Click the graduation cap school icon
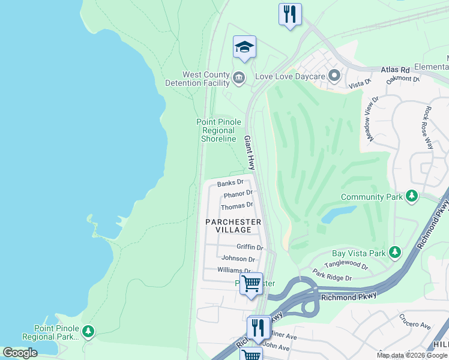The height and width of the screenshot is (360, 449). (244, 47)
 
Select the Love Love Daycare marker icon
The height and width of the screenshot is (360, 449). (334, 76)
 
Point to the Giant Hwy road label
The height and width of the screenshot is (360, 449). (250, 153)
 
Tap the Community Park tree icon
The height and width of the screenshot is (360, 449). (412, 196)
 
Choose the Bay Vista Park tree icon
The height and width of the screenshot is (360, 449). (394, 253)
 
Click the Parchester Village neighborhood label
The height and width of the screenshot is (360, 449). (233, 226)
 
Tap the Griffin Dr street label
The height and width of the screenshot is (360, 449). (250, 247)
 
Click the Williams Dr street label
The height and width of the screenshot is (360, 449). (234, 271)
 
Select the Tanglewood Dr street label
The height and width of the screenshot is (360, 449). (345, 265)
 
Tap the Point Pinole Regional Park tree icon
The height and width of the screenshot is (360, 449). (88, 331)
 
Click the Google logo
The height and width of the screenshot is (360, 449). (20, 353)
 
